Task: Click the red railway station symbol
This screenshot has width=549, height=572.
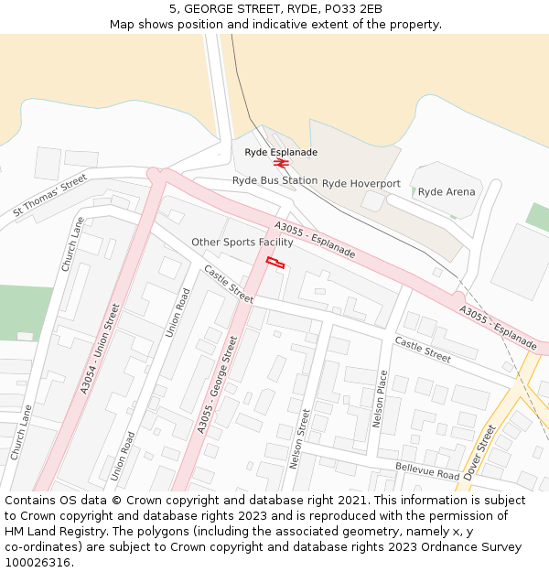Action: (x=281, y=163)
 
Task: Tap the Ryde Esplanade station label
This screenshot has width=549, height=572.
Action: (x=281, y=152)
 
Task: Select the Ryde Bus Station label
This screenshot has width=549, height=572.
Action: (x=274, y=180)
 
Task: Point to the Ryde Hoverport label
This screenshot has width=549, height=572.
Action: (x=361, y=183)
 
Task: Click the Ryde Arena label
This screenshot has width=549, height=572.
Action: (x=447, y=192)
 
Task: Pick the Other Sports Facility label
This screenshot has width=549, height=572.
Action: (x=242, y=242)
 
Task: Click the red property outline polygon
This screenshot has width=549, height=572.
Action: (x=274, y=263)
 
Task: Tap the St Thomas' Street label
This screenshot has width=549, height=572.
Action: (x=49, y=196)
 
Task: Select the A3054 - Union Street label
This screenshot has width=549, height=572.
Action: (x=100, y=349)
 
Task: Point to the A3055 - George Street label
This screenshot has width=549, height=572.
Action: (x=217, y=385)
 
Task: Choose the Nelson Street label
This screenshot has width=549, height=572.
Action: (x=300, y=438)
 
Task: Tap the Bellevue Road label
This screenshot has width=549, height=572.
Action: (x=427, y=471)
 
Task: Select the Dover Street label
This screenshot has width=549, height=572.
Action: (x=479, y=452)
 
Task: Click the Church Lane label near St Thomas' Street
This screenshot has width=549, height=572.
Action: (x=72, y=244)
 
